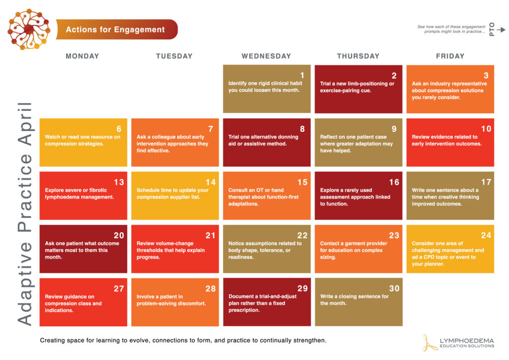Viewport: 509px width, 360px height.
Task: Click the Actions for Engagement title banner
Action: (116, 29)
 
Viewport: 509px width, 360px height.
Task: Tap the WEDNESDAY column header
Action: (266, 56)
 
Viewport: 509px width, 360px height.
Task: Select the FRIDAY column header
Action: (450, 56)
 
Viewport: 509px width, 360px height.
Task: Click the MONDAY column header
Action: (83, 56)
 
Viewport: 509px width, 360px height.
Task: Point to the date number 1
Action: (302, 76)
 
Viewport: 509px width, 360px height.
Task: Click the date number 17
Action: (486, 182)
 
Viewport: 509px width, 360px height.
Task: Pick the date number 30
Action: (394, 288)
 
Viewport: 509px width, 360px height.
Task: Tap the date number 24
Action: (486, 235)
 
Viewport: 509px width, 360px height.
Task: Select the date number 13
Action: (119, 182)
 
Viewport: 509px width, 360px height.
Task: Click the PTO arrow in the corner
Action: (501, 30)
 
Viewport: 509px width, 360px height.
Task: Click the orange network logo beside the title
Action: (29, 29)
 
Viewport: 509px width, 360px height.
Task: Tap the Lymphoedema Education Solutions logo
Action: (458, 343)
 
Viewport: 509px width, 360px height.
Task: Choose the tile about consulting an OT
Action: (266, 195)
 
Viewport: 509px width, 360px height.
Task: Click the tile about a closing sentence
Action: (358, 302)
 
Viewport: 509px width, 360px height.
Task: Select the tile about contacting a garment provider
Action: (358, 249)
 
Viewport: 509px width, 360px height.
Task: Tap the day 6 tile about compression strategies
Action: (83, 142)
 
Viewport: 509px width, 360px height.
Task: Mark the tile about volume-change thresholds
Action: (174, 249)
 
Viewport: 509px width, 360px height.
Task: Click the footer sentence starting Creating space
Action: (183, 341)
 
